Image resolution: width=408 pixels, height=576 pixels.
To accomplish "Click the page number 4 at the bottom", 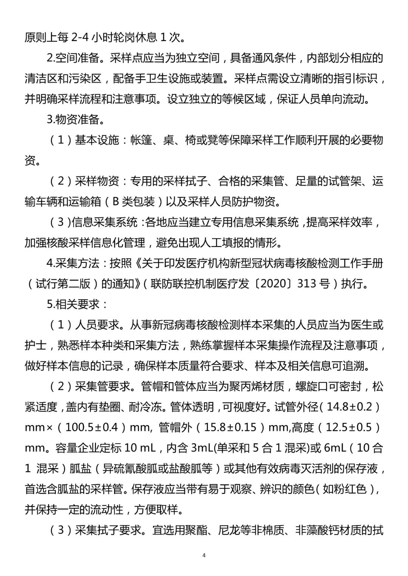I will pos(204,555).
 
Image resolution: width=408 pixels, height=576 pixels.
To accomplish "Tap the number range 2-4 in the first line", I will pos(80,38).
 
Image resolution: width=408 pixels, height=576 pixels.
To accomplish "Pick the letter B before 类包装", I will pos(116,202).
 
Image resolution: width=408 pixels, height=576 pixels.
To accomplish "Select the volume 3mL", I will pos(202,448).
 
